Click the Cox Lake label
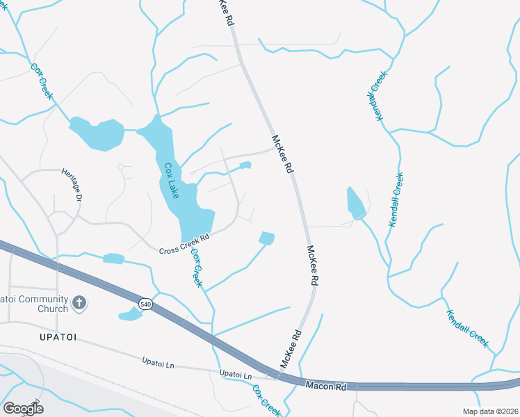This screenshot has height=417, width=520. (171, 181)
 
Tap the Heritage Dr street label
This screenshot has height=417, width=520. (72, 184)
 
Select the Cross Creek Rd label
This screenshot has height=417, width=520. (184, 244)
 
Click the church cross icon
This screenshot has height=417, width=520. (79, 302)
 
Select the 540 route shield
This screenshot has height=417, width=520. (145, 304)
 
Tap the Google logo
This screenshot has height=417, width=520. (23, 408)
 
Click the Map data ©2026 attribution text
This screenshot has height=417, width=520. (490, 411)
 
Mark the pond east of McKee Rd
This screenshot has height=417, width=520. (355, 203)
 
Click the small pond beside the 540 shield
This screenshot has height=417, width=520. (131, 314)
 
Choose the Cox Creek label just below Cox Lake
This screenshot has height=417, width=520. (197, 268)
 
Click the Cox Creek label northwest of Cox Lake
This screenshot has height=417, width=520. (41, 81)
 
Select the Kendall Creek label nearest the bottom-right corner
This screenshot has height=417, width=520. (468, 328)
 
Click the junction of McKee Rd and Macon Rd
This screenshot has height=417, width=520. (279, 376)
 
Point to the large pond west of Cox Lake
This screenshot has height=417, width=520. (97, 133)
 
